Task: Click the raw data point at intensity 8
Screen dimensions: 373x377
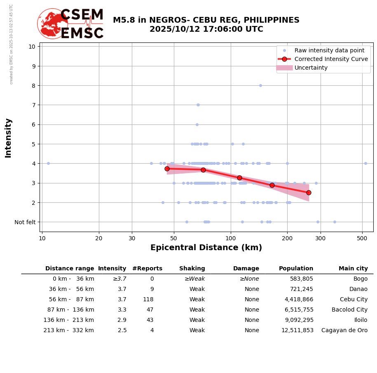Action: [260, 85]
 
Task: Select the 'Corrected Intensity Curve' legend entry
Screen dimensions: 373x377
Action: [331, 59]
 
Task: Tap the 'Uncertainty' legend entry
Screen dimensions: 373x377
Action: [311, 68]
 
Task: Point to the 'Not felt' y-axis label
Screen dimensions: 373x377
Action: [25, 222]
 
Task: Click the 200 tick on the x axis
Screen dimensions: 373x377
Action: [287, 238]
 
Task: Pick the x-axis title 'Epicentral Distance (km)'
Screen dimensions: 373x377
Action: [206, 248]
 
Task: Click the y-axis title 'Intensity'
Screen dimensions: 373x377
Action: [8, 138]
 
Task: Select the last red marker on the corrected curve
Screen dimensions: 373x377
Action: [309, 192]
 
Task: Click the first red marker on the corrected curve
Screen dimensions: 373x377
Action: [167, 169]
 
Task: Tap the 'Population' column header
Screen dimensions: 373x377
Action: [296, 269]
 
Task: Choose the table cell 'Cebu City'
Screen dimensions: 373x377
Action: [354, 300]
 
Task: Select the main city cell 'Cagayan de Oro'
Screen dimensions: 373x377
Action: [344, 331]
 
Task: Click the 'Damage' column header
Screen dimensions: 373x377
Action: [246, 269]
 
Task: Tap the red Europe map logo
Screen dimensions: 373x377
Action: [52, 23]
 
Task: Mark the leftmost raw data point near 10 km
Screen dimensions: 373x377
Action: [48, 163]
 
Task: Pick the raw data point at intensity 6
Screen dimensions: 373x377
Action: [197, 124]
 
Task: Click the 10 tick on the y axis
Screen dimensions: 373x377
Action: [32, 46]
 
